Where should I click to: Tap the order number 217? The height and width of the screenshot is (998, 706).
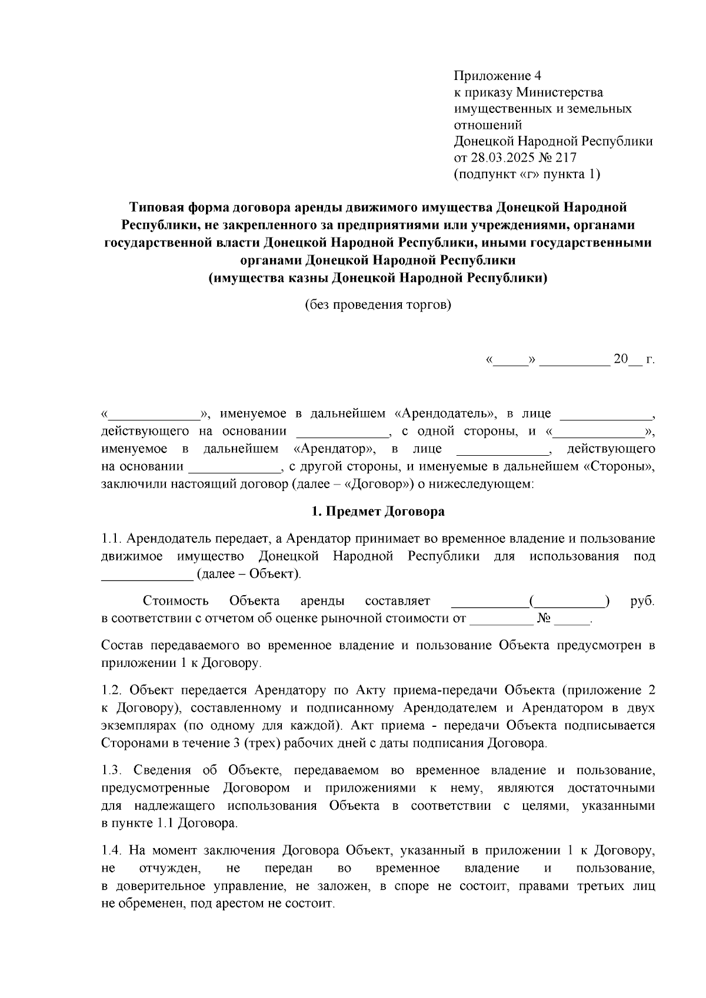565,158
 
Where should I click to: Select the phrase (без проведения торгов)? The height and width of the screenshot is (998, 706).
378,305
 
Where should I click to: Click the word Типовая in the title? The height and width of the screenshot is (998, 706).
155,207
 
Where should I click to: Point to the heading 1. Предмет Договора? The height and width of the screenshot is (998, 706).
378,511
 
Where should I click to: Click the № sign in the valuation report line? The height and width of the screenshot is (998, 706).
543,619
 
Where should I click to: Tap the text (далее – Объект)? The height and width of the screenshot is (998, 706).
249,574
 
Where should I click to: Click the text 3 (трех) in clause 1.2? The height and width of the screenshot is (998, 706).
255,743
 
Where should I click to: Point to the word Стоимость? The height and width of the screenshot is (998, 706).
175,601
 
